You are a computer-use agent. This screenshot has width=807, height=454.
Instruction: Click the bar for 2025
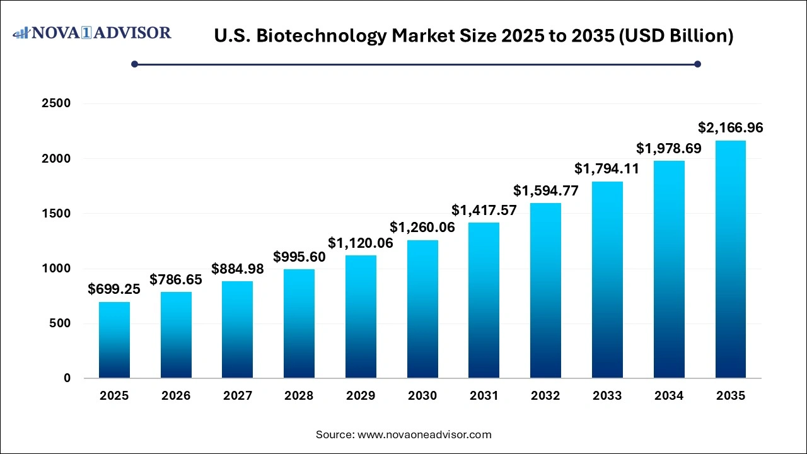pos(114,340)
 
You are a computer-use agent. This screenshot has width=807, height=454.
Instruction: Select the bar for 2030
pos(422,309)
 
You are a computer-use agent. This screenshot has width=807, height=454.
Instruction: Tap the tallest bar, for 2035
pos(731,259)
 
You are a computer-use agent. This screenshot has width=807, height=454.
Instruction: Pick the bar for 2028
pos(299,323)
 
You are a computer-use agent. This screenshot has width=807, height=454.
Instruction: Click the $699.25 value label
pos(114,289)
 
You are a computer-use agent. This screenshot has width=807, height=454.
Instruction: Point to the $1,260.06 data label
pos(422,227)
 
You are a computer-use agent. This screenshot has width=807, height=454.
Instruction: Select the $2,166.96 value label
pos(731,128)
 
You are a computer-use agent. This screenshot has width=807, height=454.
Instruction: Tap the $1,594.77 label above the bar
pos(545,190)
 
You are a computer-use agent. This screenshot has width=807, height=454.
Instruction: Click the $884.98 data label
pos(238,269)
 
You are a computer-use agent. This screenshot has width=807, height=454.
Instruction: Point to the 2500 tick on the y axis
pos(56,103)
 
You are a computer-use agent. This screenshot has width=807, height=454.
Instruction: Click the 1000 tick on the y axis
pos(56,269)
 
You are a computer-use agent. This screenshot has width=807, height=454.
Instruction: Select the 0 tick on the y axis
pos(67,378)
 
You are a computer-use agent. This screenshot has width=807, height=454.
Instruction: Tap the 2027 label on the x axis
pos(238,396)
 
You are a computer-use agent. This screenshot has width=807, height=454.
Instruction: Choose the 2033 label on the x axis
pos(607,396)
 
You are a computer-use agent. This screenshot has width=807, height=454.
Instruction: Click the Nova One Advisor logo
pos(92,33)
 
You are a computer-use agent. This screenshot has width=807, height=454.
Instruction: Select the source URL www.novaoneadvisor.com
pos(424,434)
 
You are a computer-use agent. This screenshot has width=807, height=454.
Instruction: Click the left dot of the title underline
pos(134,64)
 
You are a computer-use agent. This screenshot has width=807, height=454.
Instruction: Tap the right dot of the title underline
pos(697,64)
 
